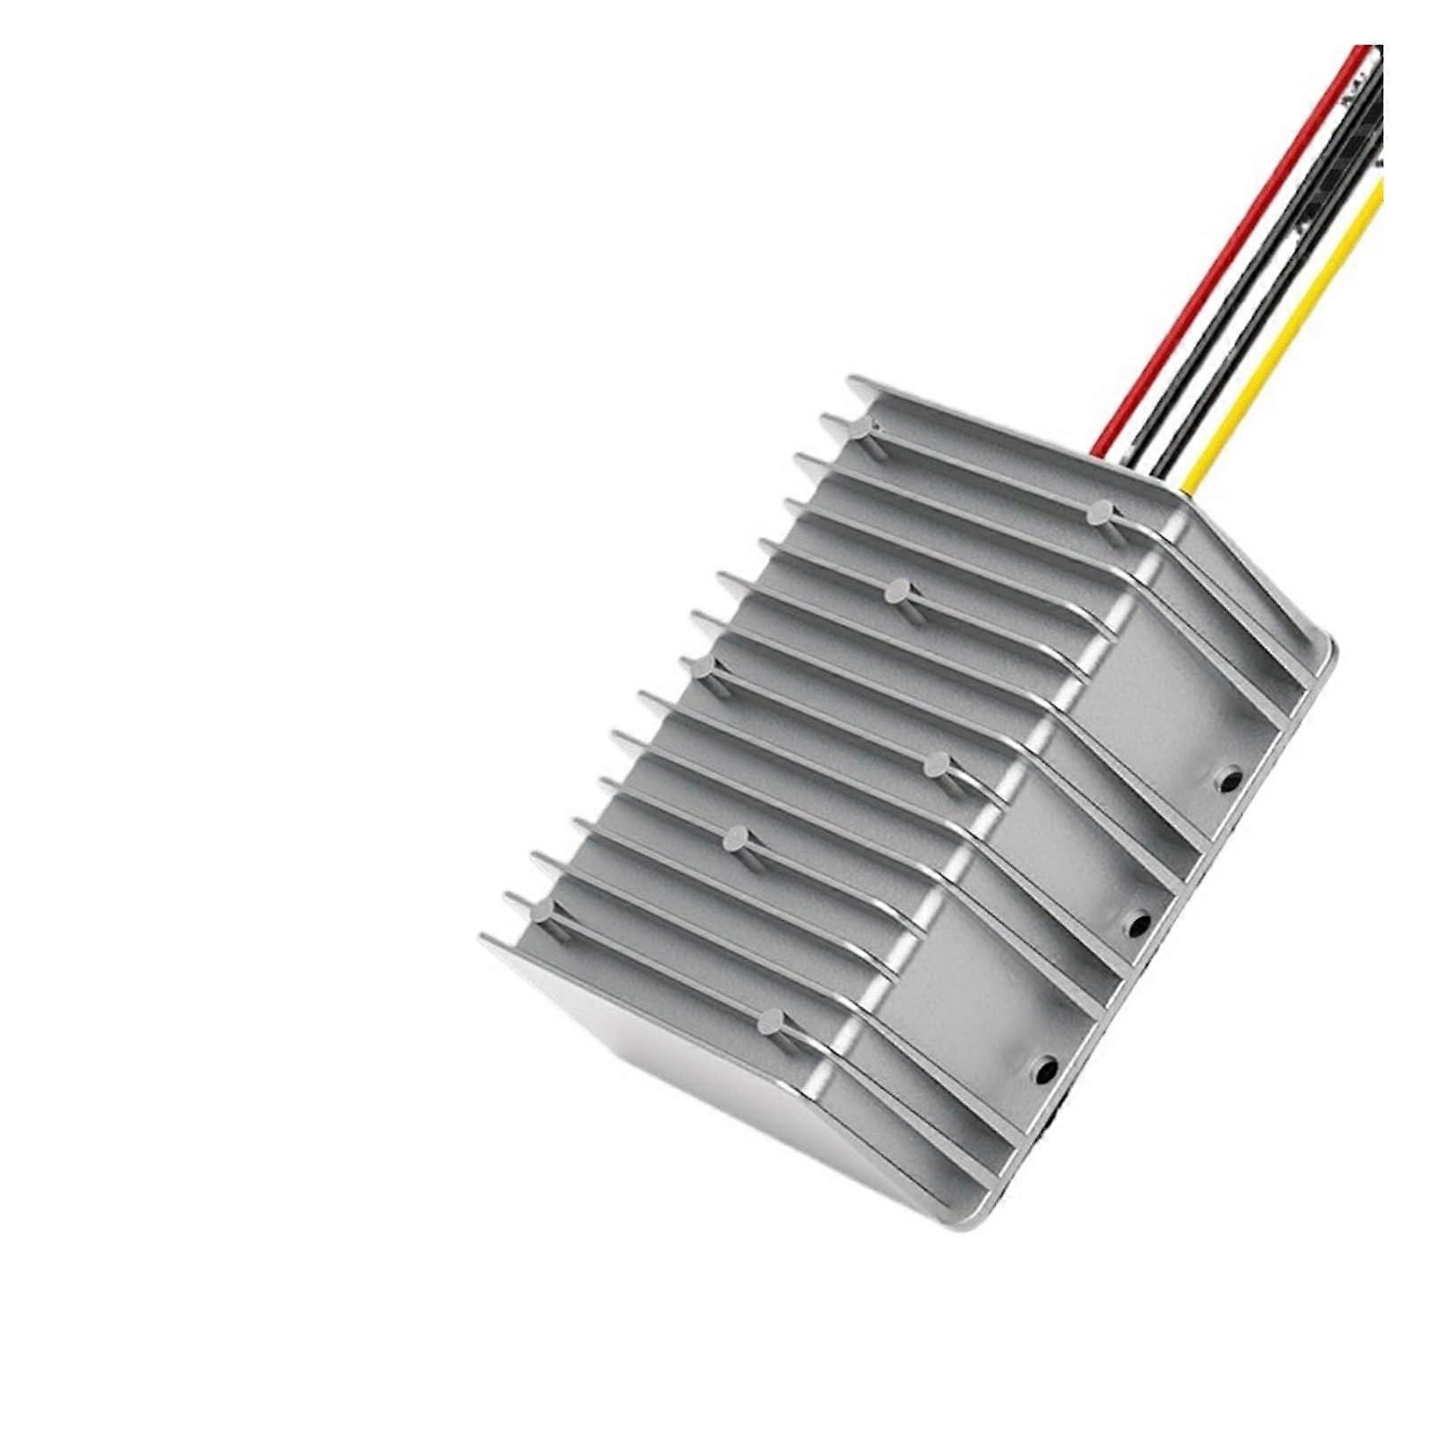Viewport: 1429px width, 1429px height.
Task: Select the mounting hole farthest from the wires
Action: tap(1044, 1066)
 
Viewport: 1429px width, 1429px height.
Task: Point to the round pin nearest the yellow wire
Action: tap(1100, 512)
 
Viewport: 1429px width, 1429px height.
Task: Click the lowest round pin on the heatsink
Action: tap(772, 1021)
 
